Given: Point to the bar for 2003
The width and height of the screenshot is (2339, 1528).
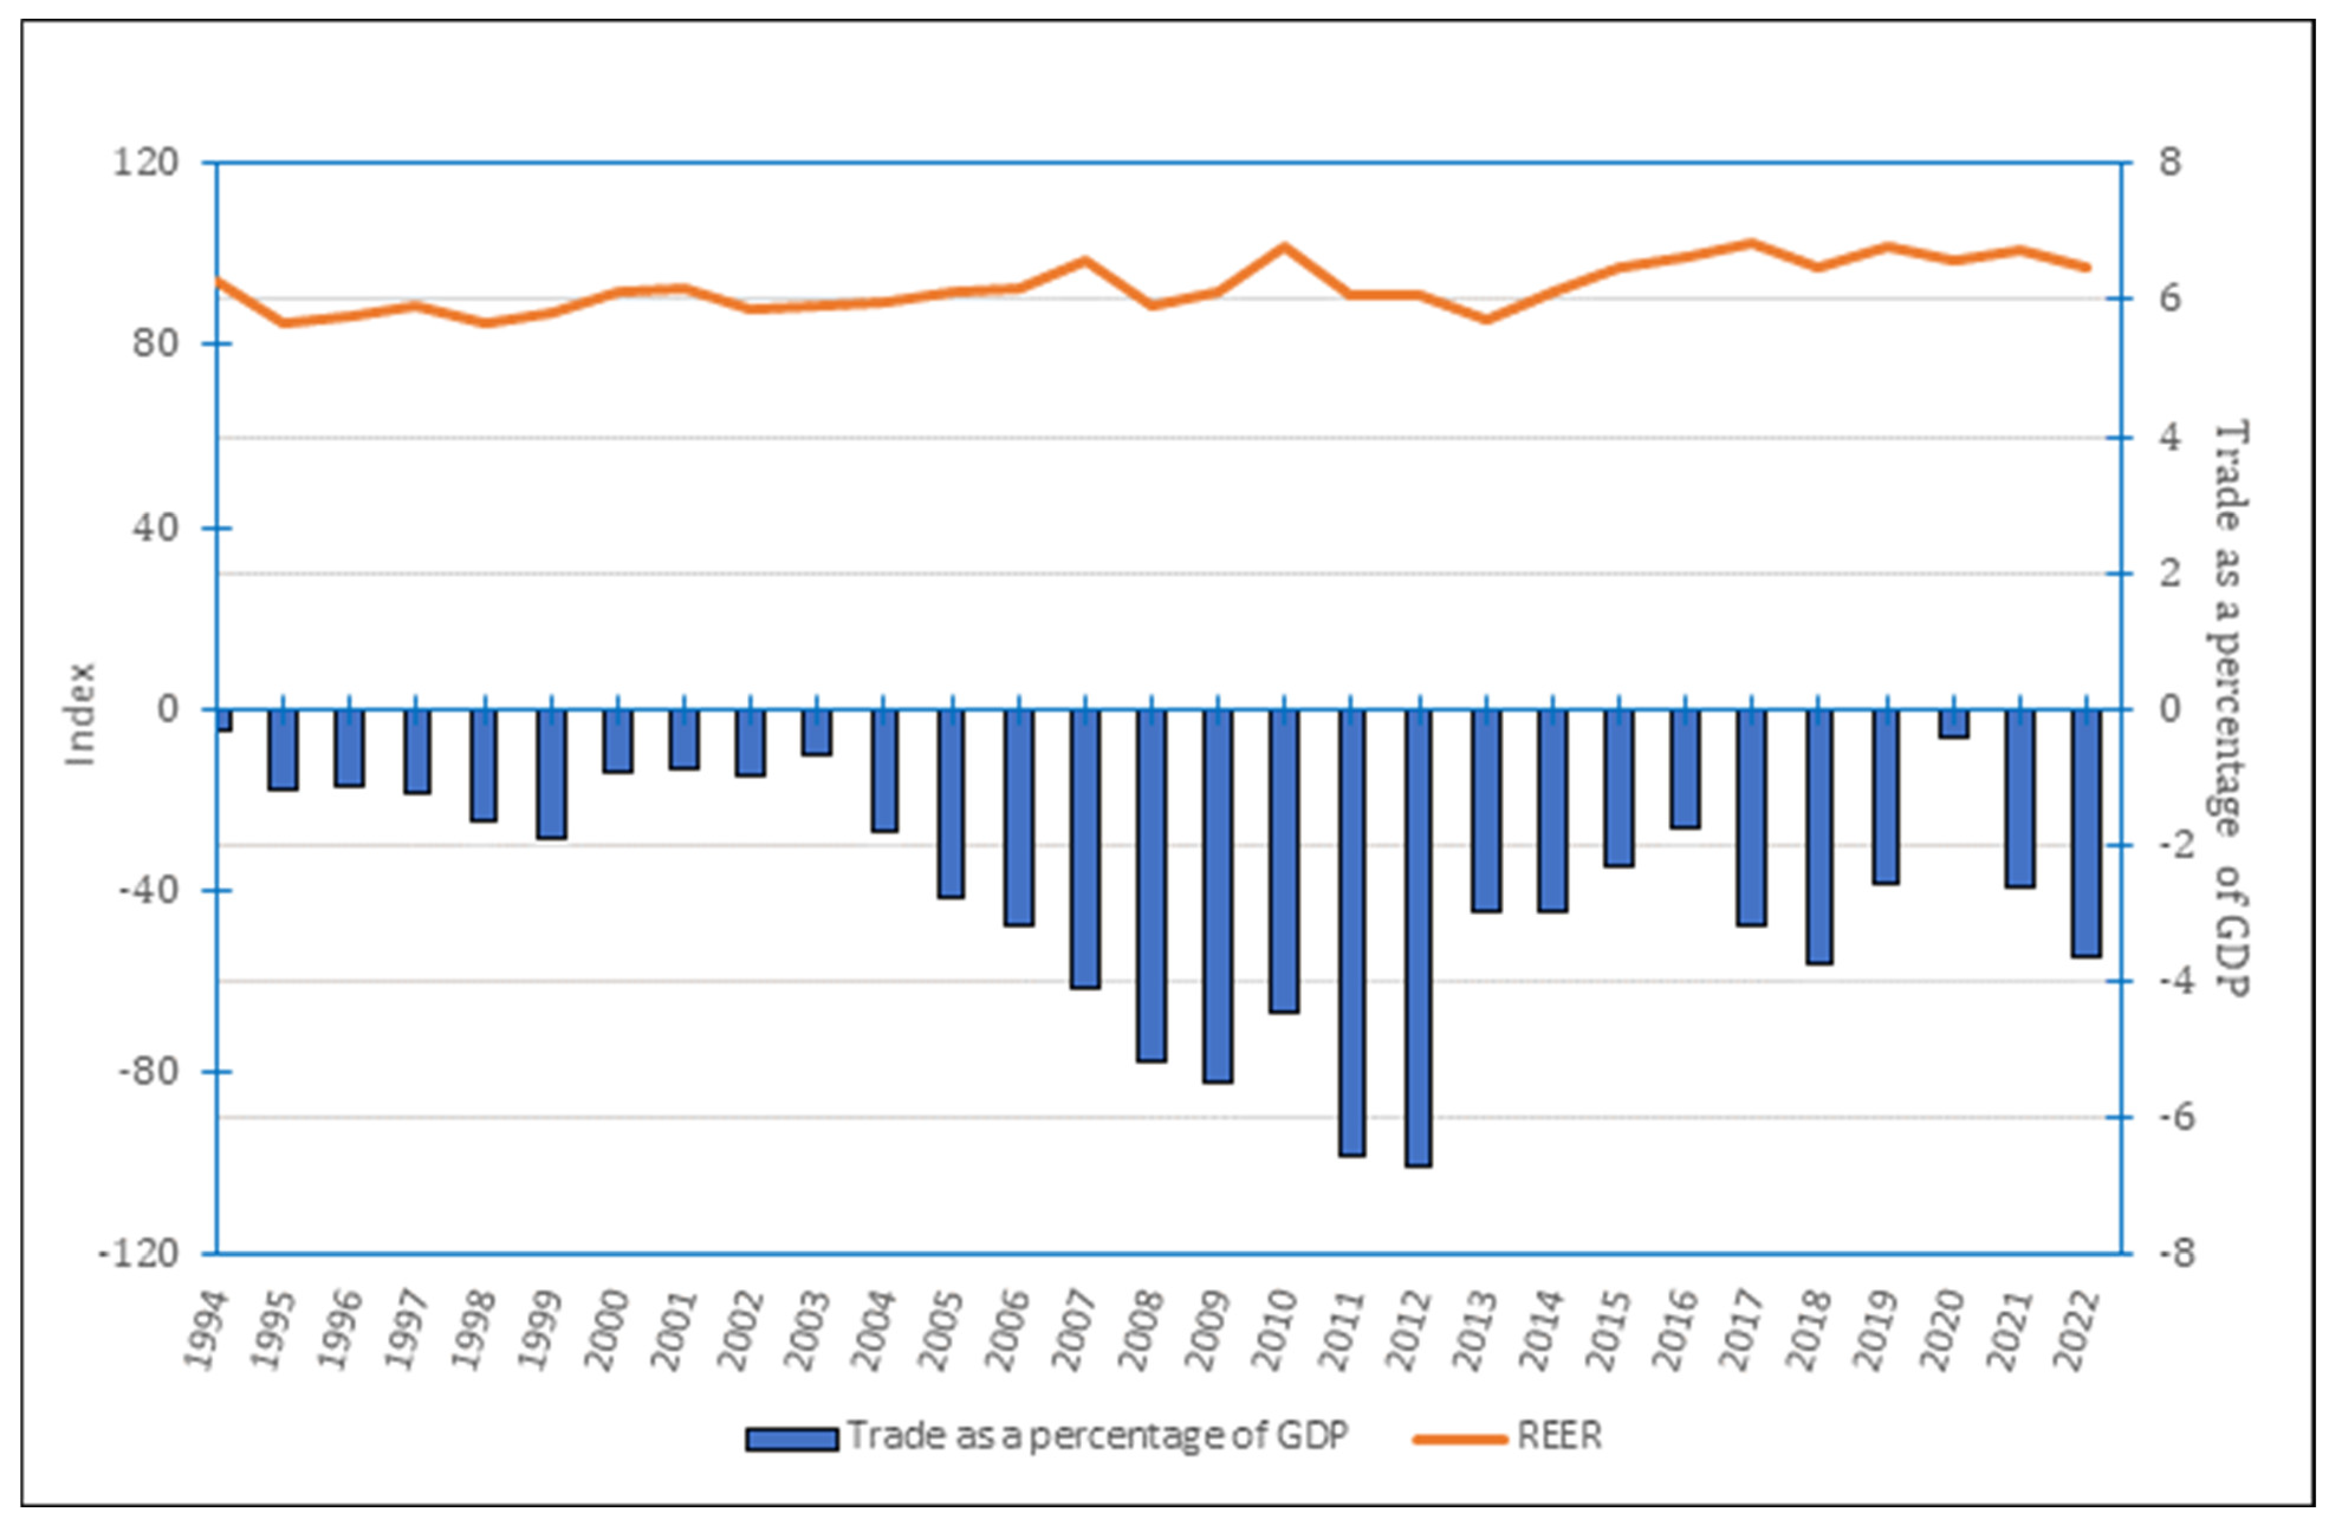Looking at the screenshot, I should [x=817, y=732].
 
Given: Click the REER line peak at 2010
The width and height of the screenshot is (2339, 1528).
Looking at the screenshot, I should [x=1283, y=246].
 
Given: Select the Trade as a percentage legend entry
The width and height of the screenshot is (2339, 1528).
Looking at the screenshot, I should [x=1096, y=1436].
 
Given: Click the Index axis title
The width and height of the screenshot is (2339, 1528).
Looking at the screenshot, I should [x=80, y=713].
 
